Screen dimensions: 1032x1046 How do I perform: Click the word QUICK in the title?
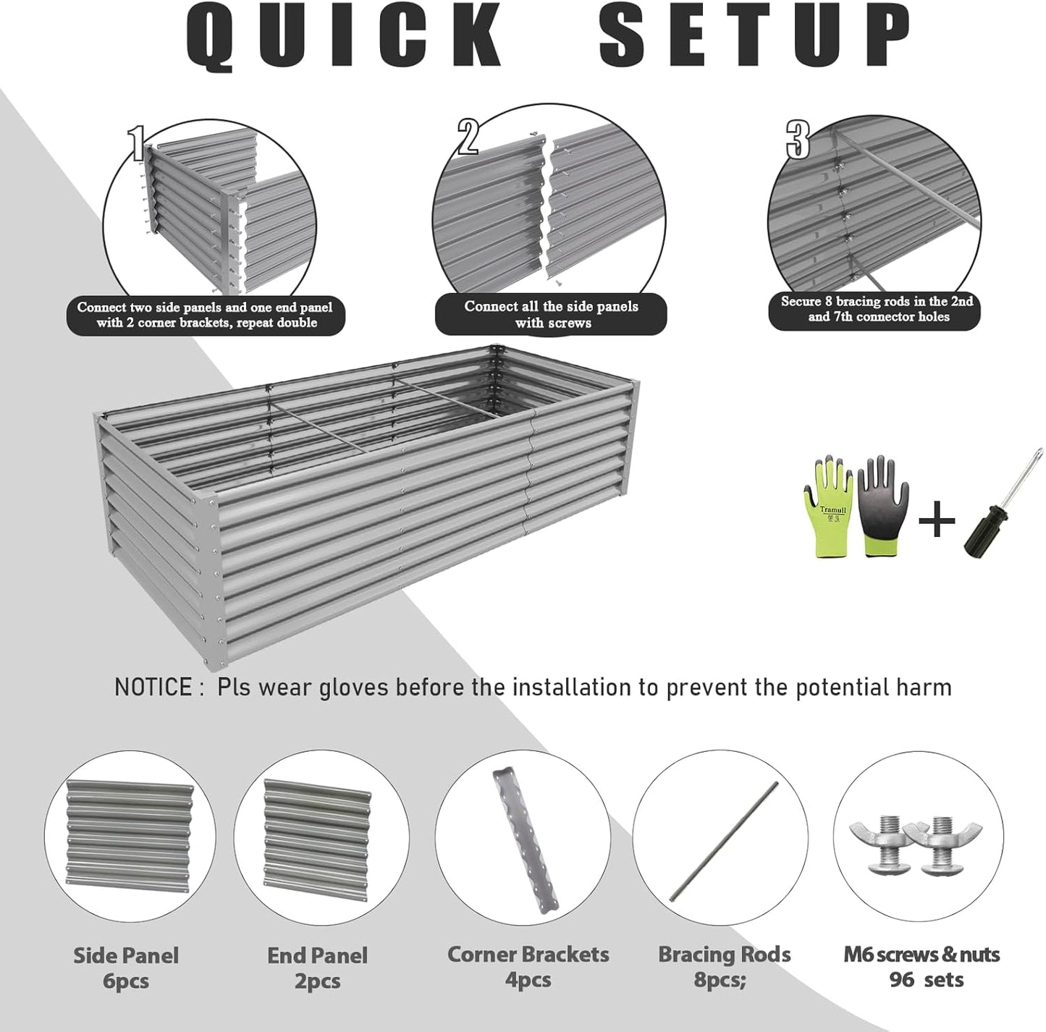point(345,36)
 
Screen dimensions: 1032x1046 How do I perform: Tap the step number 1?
point(137,143)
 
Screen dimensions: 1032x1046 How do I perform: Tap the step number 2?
point(468,137)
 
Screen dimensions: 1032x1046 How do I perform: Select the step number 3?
point(798,140)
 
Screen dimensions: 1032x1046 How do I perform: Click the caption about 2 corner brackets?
point(206,315)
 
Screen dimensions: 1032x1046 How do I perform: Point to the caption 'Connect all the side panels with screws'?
point(551,314)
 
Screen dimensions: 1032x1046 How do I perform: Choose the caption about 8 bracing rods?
point(876,309)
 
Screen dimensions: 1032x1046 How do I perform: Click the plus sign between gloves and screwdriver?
point(937,520)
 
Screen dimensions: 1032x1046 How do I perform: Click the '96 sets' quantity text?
point(926,980)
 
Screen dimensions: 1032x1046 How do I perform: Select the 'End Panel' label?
point(317,955)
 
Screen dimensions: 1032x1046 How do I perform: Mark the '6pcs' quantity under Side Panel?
point(125,981)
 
